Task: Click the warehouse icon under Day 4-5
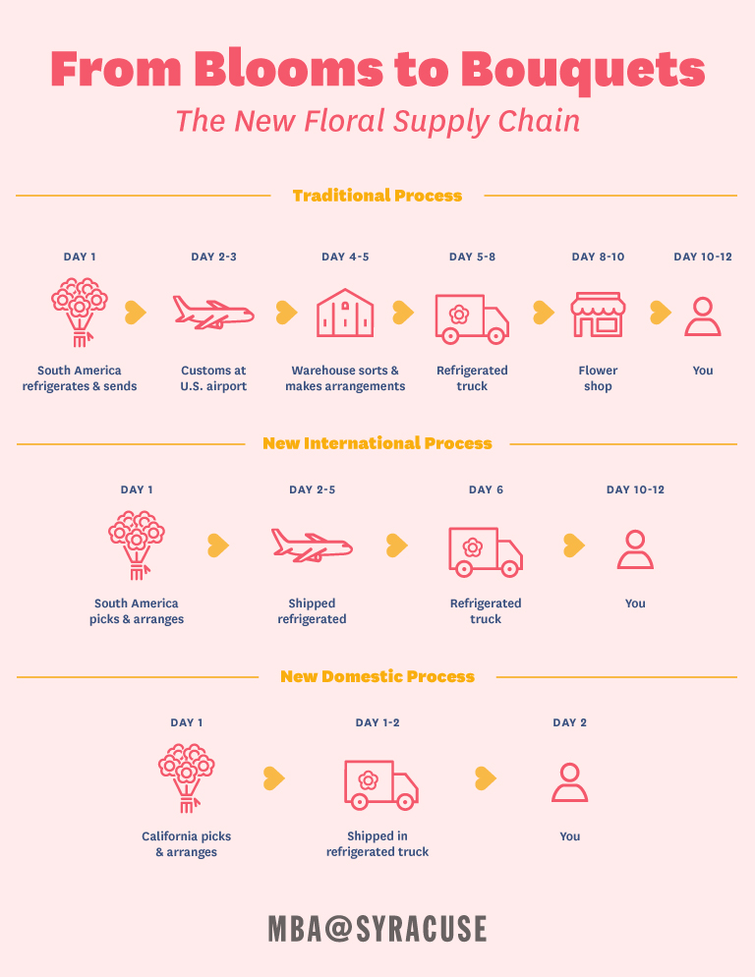point(345,313)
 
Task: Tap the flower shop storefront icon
point(598,315)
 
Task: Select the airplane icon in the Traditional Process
point(213,313)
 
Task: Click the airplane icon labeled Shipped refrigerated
point(312,546)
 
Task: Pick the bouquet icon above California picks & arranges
point(187,778)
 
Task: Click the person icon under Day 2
point(570,782)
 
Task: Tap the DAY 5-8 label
point(473,257)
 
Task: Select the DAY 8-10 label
point(598,257)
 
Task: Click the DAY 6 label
point(486,489)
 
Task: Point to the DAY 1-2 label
point(377,722)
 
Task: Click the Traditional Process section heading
point(377,196)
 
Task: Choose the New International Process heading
point(377,443)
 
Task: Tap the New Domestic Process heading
point(377,676)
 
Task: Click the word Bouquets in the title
point(583,70)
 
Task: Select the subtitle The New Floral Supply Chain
point(377,122)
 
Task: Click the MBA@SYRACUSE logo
point(377,929)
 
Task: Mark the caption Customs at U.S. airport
point(213,378)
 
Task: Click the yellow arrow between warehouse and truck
point(403,313)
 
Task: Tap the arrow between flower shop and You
point(661,313)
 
